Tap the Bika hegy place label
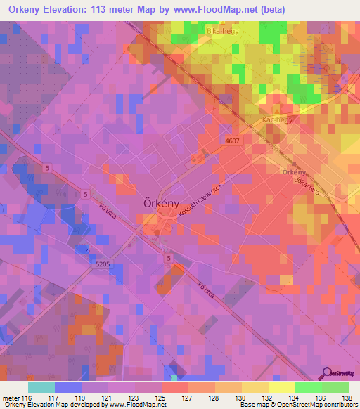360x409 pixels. [221, 32]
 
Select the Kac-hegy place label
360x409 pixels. [277, 120]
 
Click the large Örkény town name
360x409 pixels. [160, 199]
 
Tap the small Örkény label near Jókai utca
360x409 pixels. [293, 172]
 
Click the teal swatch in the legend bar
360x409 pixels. [41, 387]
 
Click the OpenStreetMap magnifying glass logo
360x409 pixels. [327, 374]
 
